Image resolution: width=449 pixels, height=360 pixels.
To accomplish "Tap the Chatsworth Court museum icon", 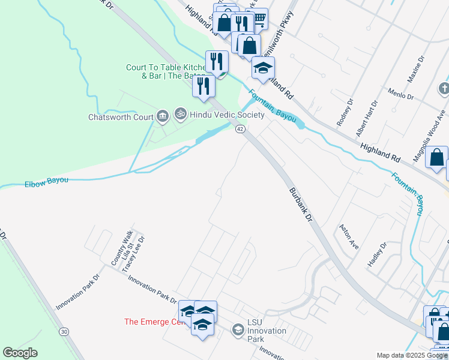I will tap(162, 116).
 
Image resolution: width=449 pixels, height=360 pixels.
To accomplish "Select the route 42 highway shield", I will tap(240, 129).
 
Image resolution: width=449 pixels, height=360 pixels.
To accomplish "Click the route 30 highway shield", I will tap(64, 331).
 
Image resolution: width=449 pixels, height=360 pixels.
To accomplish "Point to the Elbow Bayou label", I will tap(46, 181).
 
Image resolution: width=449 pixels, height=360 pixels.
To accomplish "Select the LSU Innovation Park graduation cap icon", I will tap(238, 329).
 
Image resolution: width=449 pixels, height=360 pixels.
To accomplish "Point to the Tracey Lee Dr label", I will tap(133, 255).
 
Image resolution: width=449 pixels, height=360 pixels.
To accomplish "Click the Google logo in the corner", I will tap(20, 353).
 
